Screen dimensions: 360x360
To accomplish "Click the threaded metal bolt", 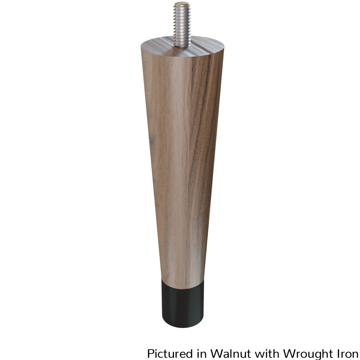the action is [182, 24].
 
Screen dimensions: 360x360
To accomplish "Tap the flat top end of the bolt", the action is [182, 4].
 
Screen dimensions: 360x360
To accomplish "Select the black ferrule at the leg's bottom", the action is [183, 303].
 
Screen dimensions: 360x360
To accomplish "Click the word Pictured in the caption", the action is [170, 354].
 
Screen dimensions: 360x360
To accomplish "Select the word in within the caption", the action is [201, 354].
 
